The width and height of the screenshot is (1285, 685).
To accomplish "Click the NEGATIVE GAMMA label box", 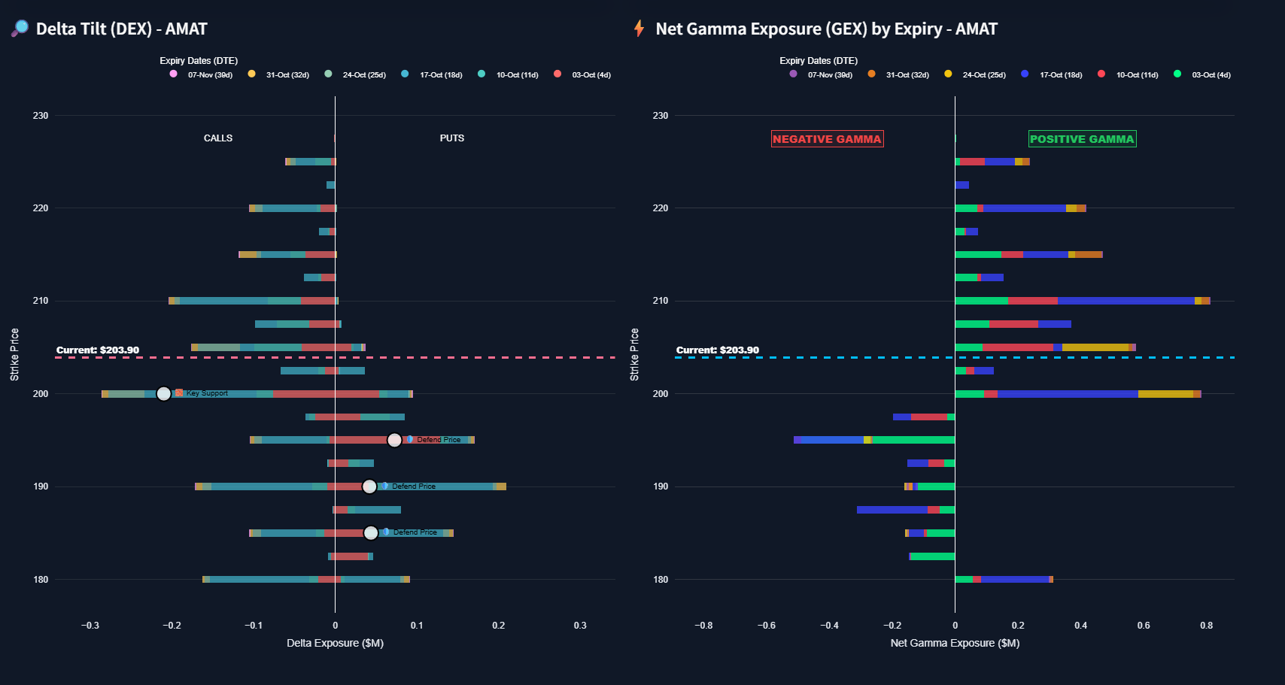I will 827,139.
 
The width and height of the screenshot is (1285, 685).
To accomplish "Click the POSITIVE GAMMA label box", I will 1082,139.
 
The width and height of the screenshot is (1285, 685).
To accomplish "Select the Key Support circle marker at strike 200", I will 163,393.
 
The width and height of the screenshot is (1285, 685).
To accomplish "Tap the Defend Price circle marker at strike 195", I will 394,440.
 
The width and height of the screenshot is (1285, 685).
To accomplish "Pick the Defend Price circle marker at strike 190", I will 369,486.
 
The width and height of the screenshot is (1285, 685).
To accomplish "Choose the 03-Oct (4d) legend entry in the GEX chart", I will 1203,74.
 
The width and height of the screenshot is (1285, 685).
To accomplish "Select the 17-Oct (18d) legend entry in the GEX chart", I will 1053,74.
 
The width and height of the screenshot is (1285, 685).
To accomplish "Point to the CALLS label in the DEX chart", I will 218,138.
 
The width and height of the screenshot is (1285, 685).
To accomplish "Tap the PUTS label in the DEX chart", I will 452,138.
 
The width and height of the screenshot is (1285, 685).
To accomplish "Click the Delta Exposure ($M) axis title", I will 335,643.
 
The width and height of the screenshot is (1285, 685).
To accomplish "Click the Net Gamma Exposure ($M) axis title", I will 955,643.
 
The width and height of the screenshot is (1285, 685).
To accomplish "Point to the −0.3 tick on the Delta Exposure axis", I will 90,626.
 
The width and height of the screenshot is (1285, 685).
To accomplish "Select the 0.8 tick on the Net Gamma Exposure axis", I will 1206,626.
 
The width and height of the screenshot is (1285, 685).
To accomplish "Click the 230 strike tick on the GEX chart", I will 660,116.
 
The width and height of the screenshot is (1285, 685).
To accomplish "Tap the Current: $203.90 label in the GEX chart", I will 717,350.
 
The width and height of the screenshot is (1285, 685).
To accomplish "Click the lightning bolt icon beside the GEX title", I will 639,29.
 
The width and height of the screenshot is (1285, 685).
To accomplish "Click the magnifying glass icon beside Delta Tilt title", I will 20,29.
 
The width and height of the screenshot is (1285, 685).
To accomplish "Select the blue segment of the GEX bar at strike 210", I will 1126,301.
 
